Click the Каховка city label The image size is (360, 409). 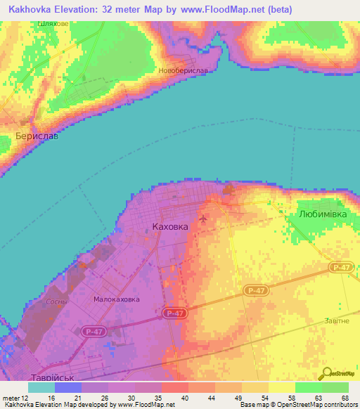coord(170,227)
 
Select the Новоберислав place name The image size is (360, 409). coord(183,72)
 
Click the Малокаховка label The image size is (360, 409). coord(116,299)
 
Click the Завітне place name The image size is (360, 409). coord(336,320)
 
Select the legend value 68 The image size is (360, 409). coord(345,397)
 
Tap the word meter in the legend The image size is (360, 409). coord(12,397)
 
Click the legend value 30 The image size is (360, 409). coord(132,397)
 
